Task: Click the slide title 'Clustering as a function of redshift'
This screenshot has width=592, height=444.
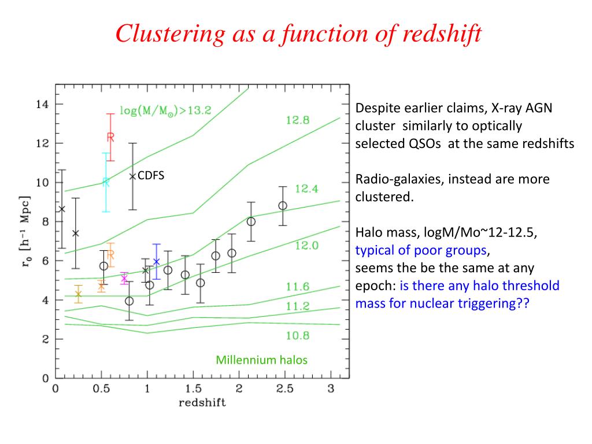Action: pyautogui.click(x=298, y=33)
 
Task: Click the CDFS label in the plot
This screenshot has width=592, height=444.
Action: pyautogui.click(x=151, y=174)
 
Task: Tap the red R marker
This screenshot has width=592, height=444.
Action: pyautogui.click(x=110, y=137)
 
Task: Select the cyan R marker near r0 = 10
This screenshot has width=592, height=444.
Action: pyautogui.click(x=106, y=182)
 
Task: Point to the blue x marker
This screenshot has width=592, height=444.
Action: pyautogui.click(x=156, y=261)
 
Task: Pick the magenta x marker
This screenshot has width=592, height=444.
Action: pyautogui.click(x=124, y=279)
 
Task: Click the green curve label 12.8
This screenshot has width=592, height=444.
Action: pyautogui.click(x=298, y=120)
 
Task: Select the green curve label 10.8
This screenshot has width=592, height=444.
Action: pyautogui.click(x=298, y=335)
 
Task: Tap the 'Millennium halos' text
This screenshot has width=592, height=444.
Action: pyautogui.click(x=262, y=360)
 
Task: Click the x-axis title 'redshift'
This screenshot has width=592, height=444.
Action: pyautogui.click(x=202, y=402)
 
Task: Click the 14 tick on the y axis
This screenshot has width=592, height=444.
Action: pyautogui.click(x=42, y=105)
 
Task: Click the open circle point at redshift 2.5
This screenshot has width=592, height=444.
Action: pyautogui.click(x=283, y=206)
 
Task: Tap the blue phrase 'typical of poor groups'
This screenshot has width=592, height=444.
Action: pyautogui.click(x=421, y=250)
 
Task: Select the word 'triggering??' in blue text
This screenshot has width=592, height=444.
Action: pyautogui.click(x=498, y=304)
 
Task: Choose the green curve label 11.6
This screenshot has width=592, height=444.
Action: pyautogui.click(x=298, y=286)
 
